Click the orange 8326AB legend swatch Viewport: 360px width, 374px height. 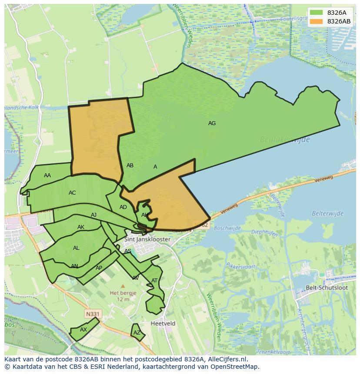(316, 21)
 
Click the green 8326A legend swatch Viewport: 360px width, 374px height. (316, 13)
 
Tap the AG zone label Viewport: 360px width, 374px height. (212, 123)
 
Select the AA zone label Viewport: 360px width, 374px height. (47, 175)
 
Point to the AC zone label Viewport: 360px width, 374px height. (72, 193)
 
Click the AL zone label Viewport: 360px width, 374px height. (76, 248)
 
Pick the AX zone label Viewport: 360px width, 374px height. (83, 330)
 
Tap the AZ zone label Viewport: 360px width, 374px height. (137, 333)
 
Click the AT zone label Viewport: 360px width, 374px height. (154, 281)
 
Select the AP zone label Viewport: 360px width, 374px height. (99, 268)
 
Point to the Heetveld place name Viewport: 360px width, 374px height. (163, 324)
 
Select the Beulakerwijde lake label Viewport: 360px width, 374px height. (285, 139)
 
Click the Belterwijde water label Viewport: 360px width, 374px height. (327, 213)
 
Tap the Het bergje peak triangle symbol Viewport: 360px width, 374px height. (123, 286)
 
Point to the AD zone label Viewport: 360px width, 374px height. (123, 207)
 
